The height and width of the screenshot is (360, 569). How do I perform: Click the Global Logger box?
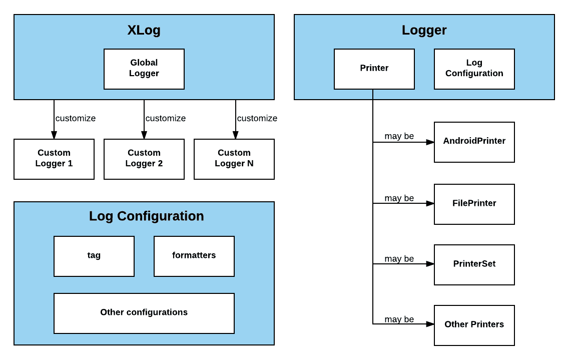pyautogui.click(x=144, y=69)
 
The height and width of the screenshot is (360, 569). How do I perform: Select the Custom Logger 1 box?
pyautogui.click(x=54, y=159)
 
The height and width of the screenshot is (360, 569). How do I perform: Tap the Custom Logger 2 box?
pyautogui.click(x=144, y=159)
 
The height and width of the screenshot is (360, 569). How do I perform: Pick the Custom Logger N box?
pyautogui.click(x=234, y=159)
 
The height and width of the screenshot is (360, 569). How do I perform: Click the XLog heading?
pyautogui.click(x=144, y=30)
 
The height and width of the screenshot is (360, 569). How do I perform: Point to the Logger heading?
pyautogui.click(x=424, y=30)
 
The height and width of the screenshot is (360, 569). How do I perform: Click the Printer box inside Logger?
pyautogui.click(x=374, y=69)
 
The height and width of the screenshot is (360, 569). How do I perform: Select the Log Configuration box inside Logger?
pyautogui.click(x=474, y=69)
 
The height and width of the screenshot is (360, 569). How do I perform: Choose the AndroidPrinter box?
pyautogui.click(x=474, y=142)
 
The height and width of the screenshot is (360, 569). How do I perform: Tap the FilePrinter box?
pyautogui.click(x=474, y=204)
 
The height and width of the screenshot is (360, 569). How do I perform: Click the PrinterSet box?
pyautogui.click(x=474, y=264)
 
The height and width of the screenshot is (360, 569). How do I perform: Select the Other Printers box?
pyautogui.click(x=474, y=325)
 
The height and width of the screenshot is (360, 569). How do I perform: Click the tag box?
pyautogui.click(x=94, y=256)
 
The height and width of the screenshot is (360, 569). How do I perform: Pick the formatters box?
pyautogui.click(x=194, y=256)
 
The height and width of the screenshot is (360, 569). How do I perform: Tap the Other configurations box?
pyautogui.click(x=144, y=313)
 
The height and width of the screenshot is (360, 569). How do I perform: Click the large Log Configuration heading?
pyautogui.click(x=147, y=216)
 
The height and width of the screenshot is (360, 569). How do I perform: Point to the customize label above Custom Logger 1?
pyautogui.click(x=76, y=119)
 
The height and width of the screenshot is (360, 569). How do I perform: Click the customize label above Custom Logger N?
pyautogui.click(x=257, y=119)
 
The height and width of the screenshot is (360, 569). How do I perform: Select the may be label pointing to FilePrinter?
pyautogui.click(x=399, y=198)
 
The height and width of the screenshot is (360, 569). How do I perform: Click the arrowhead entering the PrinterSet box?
pyautogui.click(x=430, y=264)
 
